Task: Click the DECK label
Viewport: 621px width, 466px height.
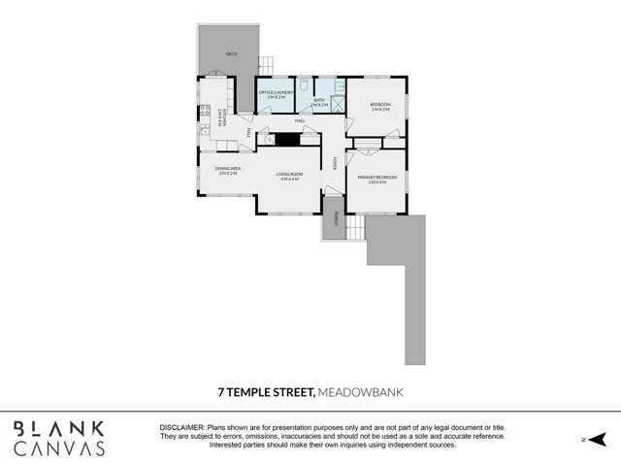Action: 231,54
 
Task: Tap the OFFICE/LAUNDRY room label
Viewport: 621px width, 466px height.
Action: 277,95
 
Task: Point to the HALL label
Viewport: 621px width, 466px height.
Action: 301,120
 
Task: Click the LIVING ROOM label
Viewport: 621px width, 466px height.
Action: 289,176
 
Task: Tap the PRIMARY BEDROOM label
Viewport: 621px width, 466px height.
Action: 372,180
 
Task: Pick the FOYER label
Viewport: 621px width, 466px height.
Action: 336,161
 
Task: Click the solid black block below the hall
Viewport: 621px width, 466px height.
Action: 284,138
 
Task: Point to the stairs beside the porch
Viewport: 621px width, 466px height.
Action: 355,229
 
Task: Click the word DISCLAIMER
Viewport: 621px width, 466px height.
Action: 181,427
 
